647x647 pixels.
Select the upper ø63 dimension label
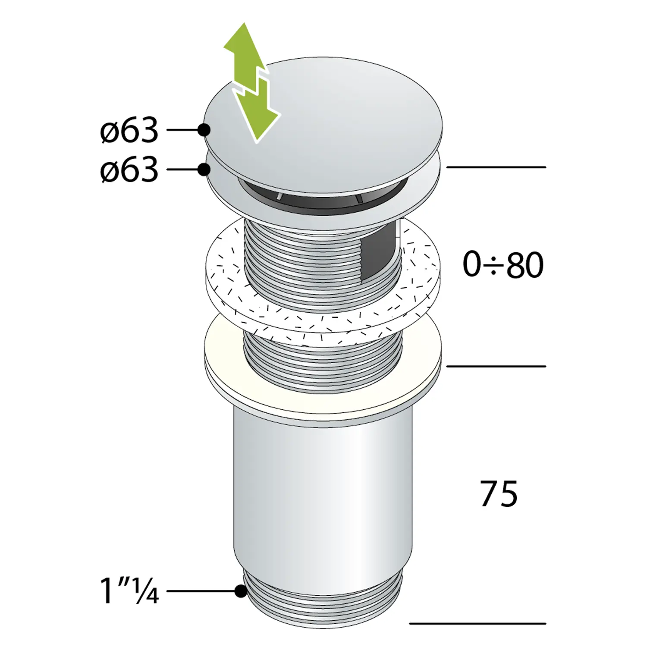tap(129, 130)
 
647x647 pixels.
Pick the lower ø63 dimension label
tap(129, 170)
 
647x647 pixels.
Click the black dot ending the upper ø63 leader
tap(204, 129)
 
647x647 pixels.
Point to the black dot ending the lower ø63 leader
tap(204, 170)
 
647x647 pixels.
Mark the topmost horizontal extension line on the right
tap(496, 167)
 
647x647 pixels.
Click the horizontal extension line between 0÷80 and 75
tap(496, 366)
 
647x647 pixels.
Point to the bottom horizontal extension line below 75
tap(477, 623)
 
